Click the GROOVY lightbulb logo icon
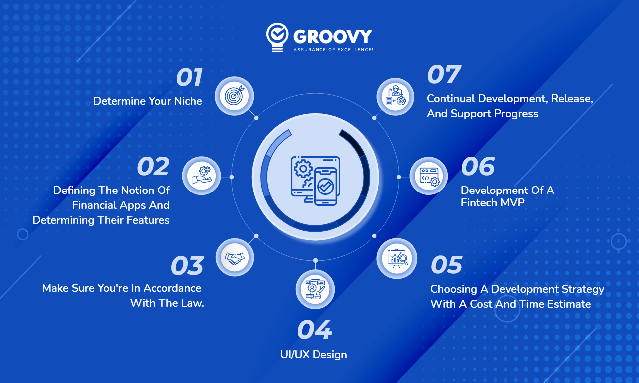click(x=277, y=36)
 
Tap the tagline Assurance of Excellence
click(x=333, y=50)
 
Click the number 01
click(x=189, y=78)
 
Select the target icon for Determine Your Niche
click(x=234, y=96)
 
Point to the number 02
click(x=153, y=167)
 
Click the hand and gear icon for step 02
click(x=201, y=176)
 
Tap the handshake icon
click(x=235, y=257)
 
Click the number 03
click(x=187, y=266)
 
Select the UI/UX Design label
click(x=314, y=355)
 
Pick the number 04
click(x=314, y=330)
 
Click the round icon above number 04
click(x=315, y=289)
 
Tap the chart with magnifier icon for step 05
click(x=397, y=258)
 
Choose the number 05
click(x=447, y=265)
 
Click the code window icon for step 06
click(x=429, y=176)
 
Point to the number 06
click(x=478, y=167)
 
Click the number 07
click(x=443, y=75)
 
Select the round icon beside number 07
click(x=395, y=97)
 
